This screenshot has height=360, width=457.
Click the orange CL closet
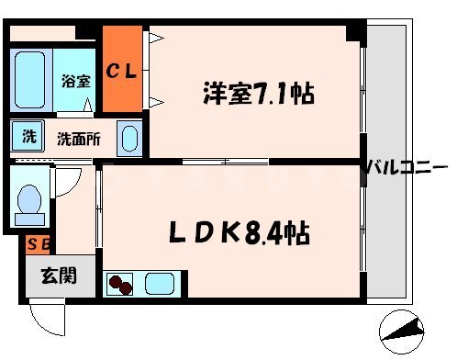(122, 72)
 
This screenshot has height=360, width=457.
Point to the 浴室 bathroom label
(75, 81)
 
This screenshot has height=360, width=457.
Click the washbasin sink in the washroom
(130, 139)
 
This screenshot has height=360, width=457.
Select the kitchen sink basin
(163, 282)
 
